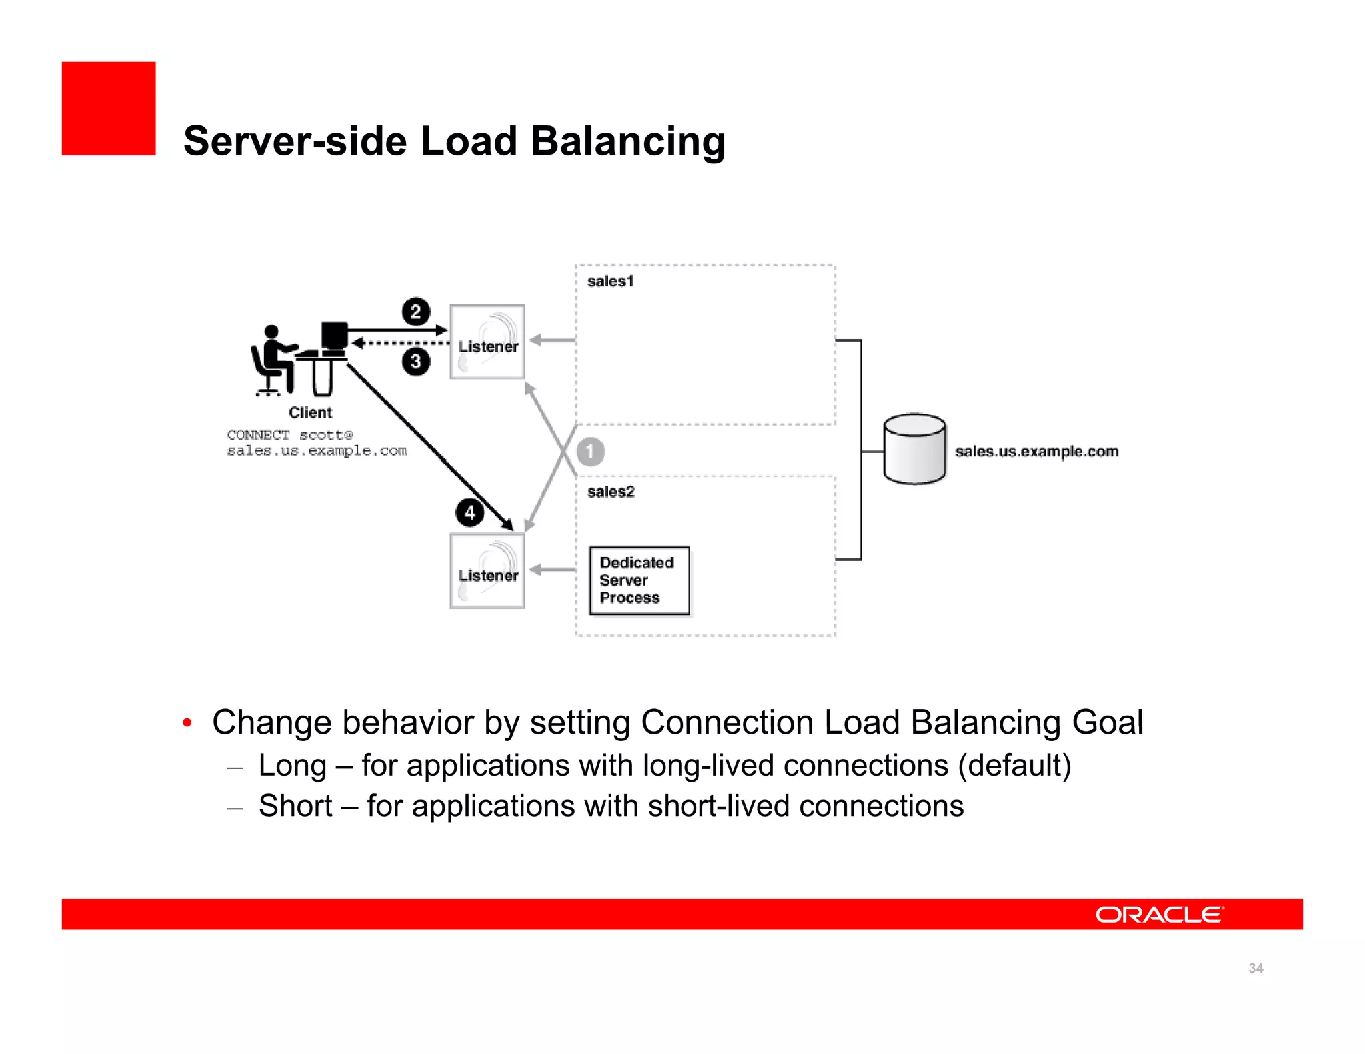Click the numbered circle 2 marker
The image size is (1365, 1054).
[416, 312]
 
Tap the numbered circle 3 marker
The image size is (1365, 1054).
[416, 362]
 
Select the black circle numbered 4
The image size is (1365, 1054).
[470, 513]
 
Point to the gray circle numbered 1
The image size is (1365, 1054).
[590, 452]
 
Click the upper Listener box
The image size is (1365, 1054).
[487, 342]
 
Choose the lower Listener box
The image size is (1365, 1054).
[487, 571]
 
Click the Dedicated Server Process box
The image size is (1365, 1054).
[639, 580]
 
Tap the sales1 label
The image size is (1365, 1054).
[610, 282]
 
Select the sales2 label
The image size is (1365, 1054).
[611, 492]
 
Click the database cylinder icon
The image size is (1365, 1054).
[914, 449]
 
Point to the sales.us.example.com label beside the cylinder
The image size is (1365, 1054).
[1036, 452]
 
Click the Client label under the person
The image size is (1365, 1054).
[310, 413]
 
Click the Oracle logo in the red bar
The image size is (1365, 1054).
[1159, 915]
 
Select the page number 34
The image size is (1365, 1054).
[1256, 968]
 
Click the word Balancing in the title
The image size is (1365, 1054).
[627, 141]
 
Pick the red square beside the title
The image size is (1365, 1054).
[109, 109]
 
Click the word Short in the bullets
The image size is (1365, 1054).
[295, 806]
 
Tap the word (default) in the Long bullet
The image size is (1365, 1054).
[1014, 765]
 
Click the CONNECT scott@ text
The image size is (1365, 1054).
[289, 435]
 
